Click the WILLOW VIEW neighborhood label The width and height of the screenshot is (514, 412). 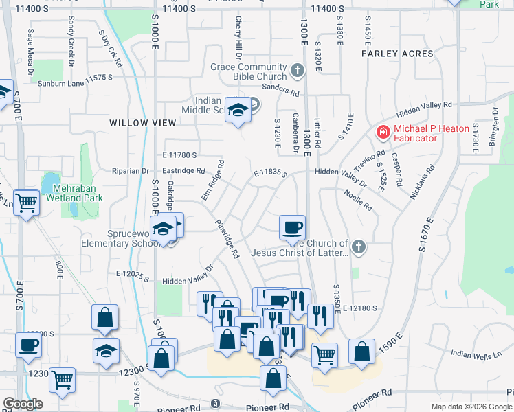142,122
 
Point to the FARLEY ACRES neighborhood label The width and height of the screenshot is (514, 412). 399,54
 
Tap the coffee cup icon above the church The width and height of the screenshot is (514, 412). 293,228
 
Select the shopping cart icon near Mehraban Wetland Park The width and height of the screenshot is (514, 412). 27,203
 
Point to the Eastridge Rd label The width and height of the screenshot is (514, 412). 183,171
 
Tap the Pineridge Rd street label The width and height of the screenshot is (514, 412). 226,238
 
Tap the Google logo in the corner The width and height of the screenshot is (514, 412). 23,404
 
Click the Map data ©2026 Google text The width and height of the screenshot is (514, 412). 471,407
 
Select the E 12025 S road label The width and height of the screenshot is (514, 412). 133,274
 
